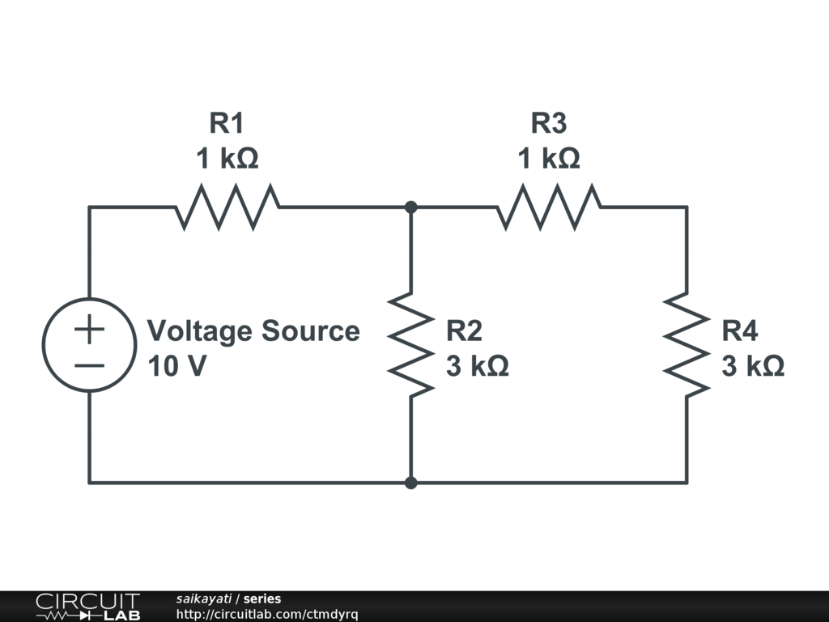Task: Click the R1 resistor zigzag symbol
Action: pyautogui.click(x=227, y=207)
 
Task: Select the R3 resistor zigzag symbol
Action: pyautogui.click(x=549, y=207)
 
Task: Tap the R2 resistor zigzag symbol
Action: pyautogui.click(x=411, y=345)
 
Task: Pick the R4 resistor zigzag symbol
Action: pyautogui.click(x=687, y=345)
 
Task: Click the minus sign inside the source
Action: pyautogui.click(x=89, y=364)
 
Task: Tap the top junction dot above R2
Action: pyautogui.click(x=411, y=207)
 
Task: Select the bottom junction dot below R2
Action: pyautogui.click(x=411, y=483)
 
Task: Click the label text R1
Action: pyautogui.click(x=227, y=123)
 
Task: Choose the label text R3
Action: pyautogui.click(x=548, y=123)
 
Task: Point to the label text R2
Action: pyautogui.click(x=465, y=330)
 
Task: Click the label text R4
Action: pyautogui.click(x=741, y=330)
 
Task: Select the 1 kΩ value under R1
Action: pyautogui.click(x=227, y=158)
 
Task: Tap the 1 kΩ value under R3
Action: pyautogui.click(x=549, y=158)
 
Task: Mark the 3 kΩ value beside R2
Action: pyautogui.click(x=478, y=366)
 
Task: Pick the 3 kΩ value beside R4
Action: pyautogui.click(x=753, y=366)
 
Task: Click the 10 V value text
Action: pyautogui.click(x=177, y=366)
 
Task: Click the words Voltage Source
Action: pyautogui.click(x=253, y=330)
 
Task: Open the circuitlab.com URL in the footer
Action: pyautogui.click(x=267, y=614)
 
